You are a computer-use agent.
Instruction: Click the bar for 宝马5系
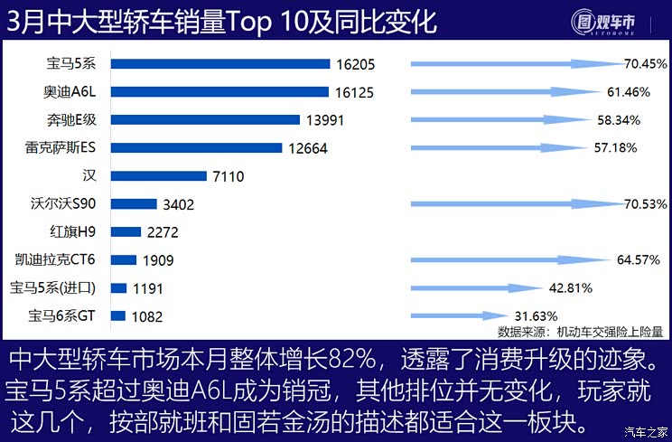tap(220, 64)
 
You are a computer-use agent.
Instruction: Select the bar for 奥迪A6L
tap(219, 91)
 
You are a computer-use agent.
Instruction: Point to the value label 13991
tap(326, 120)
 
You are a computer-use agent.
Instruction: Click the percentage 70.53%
tap(645, 205)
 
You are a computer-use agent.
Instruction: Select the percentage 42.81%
tap(570, 288)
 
